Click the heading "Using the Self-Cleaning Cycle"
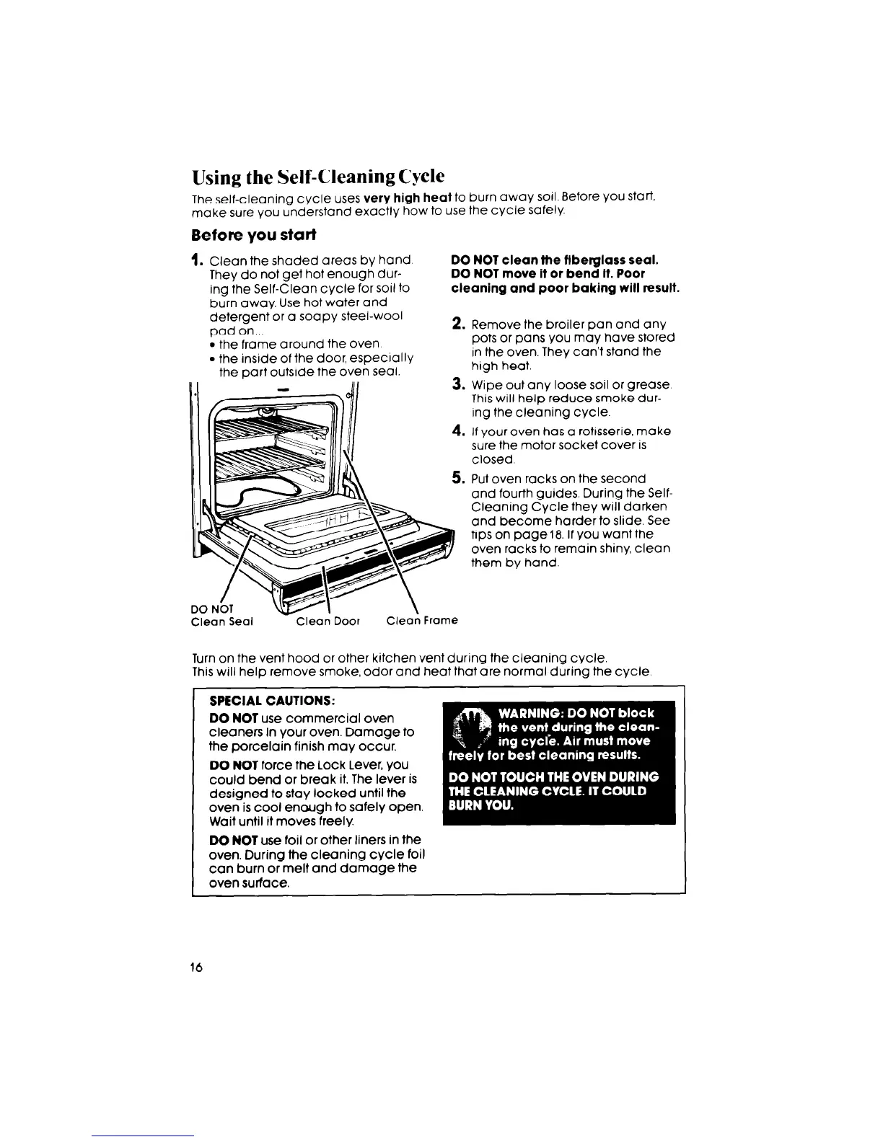[x=318, y=177]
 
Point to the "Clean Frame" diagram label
[x=422, y=621]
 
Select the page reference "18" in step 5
[x=553, y=534]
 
